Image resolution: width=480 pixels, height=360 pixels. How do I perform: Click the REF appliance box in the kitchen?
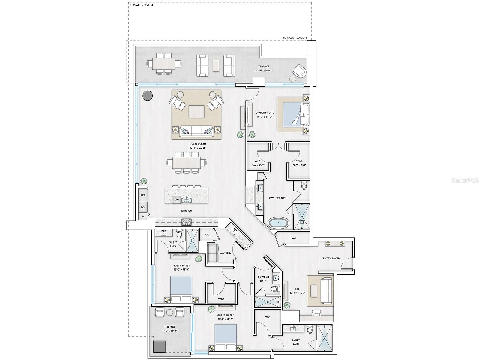[143, 195]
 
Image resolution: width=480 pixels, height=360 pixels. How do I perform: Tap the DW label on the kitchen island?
[177, 200]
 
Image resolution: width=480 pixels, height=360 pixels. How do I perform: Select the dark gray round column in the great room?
[147, 95]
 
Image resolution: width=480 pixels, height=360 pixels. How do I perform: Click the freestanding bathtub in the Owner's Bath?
[279, 223]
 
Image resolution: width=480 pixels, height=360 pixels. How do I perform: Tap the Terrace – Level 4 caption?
[142, 5]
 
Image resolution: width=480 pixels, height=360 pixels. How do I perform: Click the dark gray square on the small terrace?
[159, 347]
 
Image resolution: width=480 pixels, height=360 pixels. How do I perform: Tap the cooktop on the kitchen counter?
[187, 222]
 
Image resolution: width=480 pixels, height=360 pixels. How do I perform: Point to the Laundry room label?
[225, 253]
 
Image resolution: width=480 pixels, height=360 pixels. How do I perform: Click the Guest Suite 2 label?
[226, 315]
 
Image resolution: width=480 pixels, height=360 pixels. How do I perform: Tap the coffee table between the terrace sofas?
[216, 66]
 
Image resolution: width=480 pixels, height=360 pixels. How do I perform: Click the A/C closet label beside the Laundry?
[207, 235]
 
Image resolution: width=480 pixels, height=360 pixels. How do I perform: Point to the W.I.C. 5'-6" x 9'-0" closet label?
[299, 163]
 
